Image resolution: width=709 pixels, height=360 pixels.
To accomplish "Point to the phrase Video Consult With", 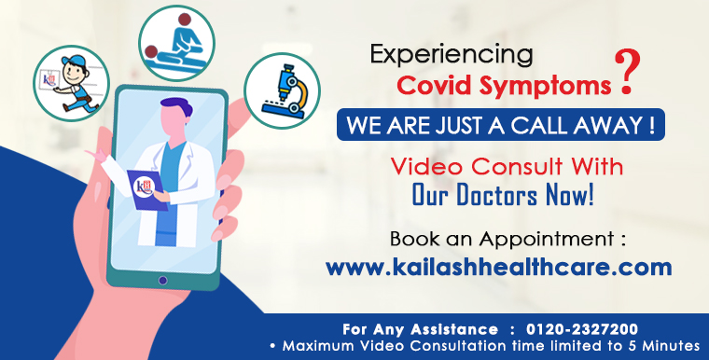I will [x=507, y=168].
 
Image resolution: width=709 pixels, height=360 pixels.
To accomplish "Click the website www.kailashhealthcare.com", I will [x=498, y=266].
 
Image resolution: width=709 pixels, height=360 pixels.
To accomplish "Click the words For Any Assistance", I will [x=420, y=329].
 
